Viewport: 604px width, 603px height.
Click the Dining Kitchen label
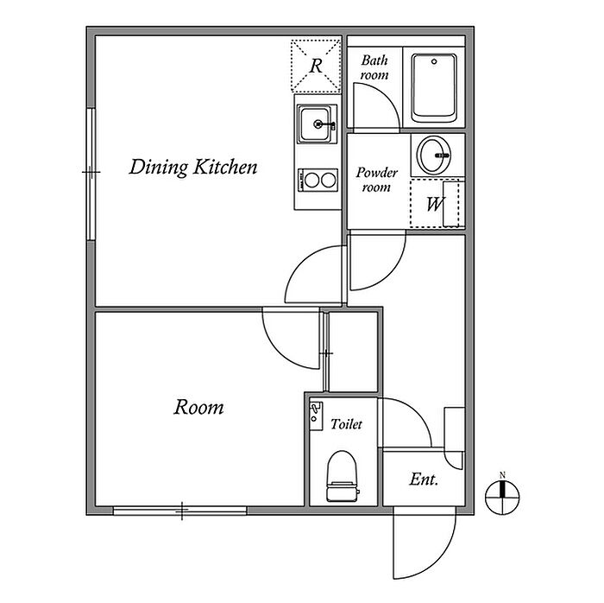[x=193, y=168]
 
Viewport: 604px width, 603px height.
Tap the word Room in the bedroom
[x=198, y=407]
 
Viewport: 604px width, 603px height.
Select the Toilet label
[x=346, y=424]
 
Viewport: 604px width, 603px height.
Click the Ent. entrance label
[x=424, y=479]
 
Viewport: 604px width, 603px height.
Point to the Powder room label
[x=376, y=180]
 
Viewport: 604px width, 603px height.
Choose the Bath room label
[x=374, y=67]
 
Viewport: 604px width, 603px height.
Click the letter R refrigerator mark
[x=316, y=66]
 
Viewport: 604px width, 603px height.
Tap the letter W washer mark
[x=435, y=204]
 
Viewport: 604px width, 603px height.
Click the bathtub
[x=434, y=88]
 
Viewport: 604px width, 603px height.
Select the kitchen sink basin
[x=316, y=124]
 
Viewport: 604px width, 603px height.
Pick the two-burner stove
[x=318, y=180]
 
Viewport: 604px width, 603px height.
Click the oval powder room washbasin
[x=435, y=156]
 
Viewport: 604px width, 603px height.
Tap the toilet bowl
[x=342, y=476]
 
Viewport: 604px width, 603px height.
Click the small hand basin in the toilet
[x=317, y=416]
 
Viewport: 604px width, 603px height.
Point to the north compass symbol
[x=502, y=498]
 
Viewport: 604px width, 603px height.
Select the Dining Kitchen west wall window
[x=91, y=175]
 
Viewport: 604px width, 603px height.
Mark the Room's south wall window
[x=179, y=511]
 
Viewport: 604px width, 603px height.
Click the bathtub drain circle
[x=434, y=61]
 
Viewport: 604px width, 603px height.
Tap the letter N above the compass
[x=502, y=475]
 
